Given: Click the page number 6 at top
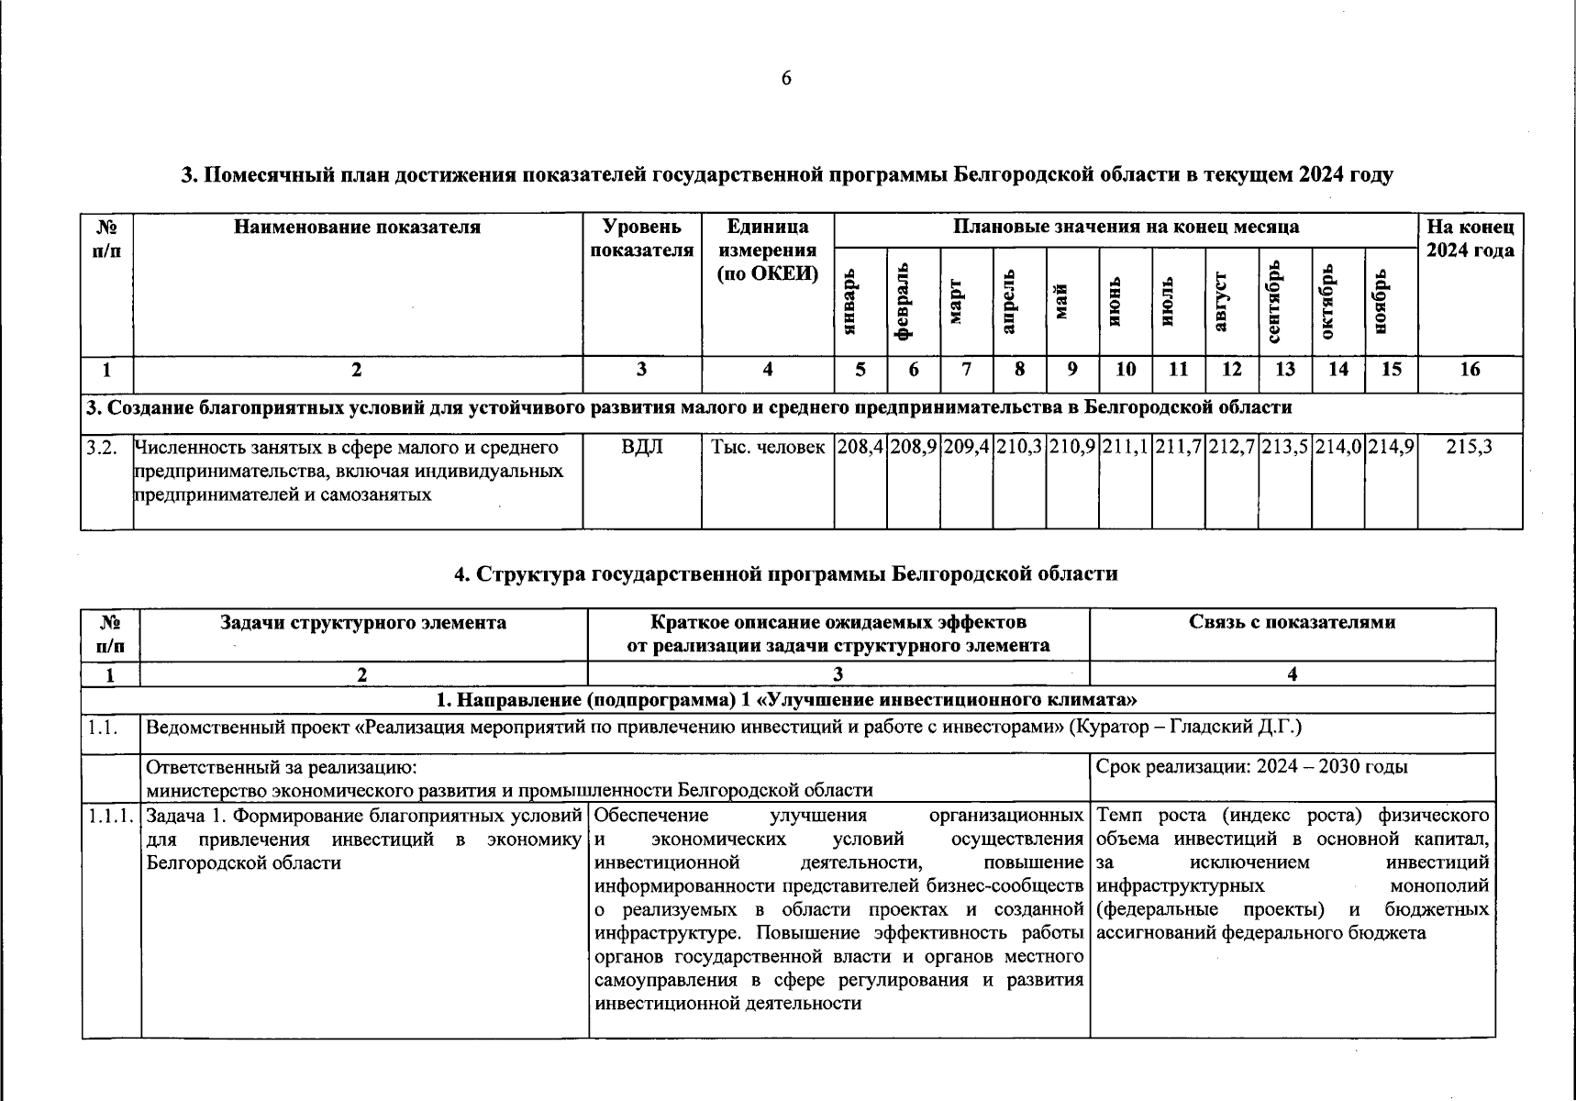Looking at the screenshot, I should pyautogui.click(x=786, y=79).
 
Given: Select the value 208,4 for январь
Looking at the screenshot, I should pyautogui.click(x=860, y=448).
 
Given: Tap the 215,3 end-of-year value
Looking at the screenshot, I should pyautogui.click(x=1470, y=448).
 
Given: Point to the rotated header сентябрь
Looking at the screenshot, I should pyautogui.click(x=1273, y=302).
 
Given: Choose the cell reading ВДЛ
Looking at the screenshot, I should pyautogui.click(x=642, y=448).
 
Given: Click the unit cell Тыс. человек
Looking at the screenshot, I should pyautogui.click(x=768, y=448).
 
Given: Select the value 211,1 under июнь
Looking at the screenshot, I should pyautogui.click(x=1125, y=448).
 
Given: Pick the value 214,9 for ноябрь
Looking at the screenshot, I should pyautogui.click(x=1391, y=448).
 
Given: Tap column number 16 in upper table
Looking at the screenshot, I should pyautogui.click(x=1470, y=370).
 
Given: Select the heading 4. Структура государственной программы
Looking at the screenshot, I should pyautogui.click(x=786, y=574).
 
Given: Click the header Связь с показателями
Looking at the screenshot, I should pyautogui.click(x=1292, y=623).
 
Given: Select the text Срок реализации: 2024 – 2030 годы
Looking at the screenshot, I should pyautogui.click(x=1252, y=767).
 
